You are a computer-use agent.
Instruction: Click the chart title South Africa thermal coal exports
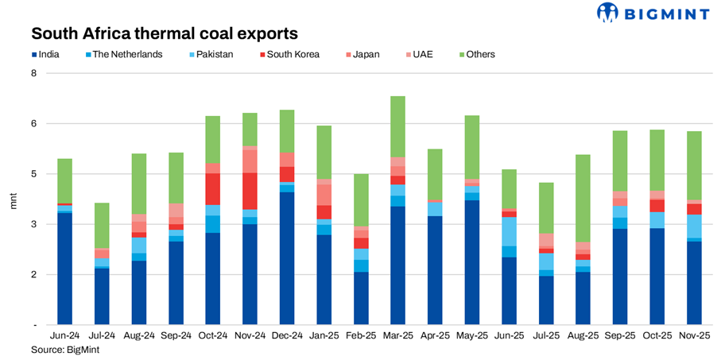164,34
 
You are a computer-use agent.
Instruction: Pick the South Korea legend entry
293,55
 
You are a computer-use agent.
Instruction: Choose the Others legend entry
480,55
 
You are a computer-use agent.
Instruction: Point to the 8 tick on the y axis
34,73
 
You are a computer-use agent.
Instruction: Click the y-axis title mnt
13,199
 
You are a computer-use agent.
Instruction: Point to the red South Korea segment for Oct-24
212,189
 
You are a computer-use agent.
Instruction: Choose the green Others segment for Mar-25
398,126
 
